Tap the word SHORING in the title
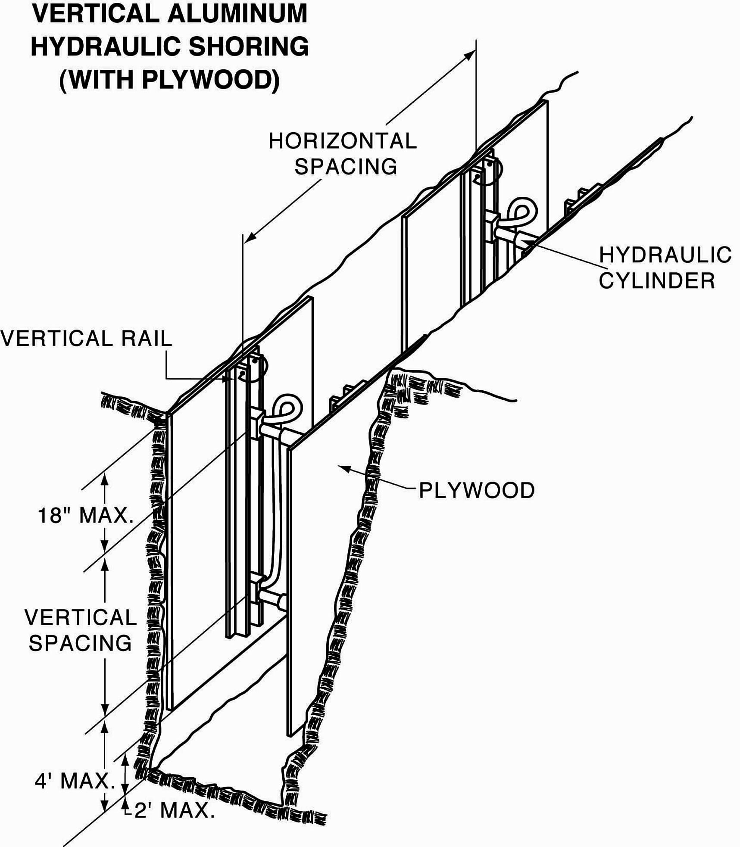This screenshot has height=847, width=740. click(x=249, y=47)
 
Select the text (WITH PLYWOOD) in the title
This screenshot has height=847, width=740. click(x=169, y=79)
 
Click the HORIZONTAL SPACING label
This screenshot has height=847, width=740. click(x=343, y=154)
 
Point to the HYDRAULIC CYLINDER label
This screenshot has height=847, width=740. click(x=665, y=268)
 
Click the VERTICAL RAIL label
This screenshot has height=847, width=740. click(x=86, y=339)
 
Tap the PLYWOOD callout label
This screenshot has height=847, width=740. click(x=477, y=490)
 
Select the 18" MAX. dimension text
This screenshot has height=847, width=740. click(x=85, y=515)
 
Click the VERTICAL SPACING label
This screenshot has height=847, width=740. click(x=81, y=630)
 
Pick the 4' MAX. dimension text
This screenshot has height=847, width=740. click(x=74, y=781)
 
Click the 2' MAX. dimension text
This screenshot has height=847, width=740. click(x=174, y=811)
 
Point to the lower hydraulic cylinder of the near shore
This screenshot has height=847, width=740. click(x=272, y=599)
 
